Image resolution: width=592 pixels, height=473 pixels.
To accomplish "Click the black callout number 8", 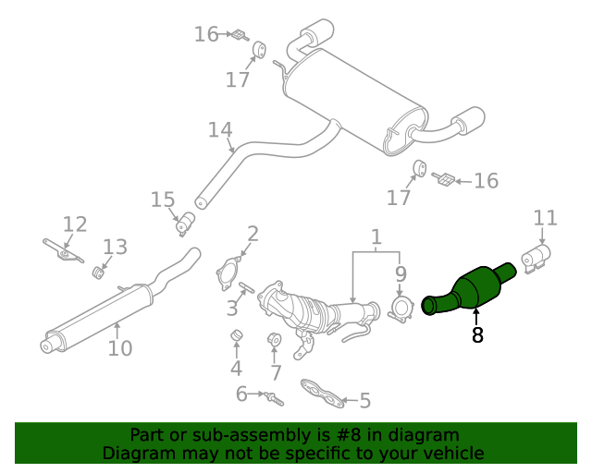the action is [x=477, y=335].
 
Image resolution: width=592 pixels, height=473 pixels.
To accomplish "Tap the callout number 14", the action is [x=220, y=130].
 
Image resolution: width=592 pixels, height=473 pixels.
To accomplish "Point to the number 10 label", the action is [x=120, y=348].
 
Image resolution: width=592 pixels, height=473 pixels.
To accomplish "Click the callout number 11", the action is [x=546, y=218].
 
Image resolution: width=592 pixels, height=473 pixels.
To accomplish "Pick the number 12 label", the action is [x=75, y=224].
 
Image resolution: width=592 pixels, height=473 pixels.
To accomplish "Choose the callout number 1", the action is [x=376, y=239].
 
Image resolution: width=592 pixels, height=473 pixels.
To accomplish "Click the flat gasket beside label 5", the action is [x=323, y=394].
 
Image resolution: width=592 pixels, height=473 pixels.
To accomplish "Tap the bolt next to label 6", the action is [x=273, y=399].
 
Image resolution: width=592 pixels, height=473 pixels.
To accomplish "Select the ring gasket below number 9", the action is [x=401, y=308].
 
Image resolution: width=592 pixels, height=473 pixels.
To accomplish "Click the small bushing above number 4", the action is [x=236, y=334].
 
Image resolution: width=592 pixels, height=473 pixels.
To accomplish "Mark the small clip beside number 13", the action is [x=97, y=272].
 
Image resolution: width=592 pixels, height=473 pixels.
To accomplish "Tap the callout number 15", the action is [x=163, y=200].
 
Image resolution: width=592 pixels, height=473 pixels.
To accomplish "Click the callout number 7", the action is [x=275, y=373].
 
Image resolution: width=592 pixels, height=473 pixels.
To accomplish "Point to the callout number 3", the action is [x=232, y=308].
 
